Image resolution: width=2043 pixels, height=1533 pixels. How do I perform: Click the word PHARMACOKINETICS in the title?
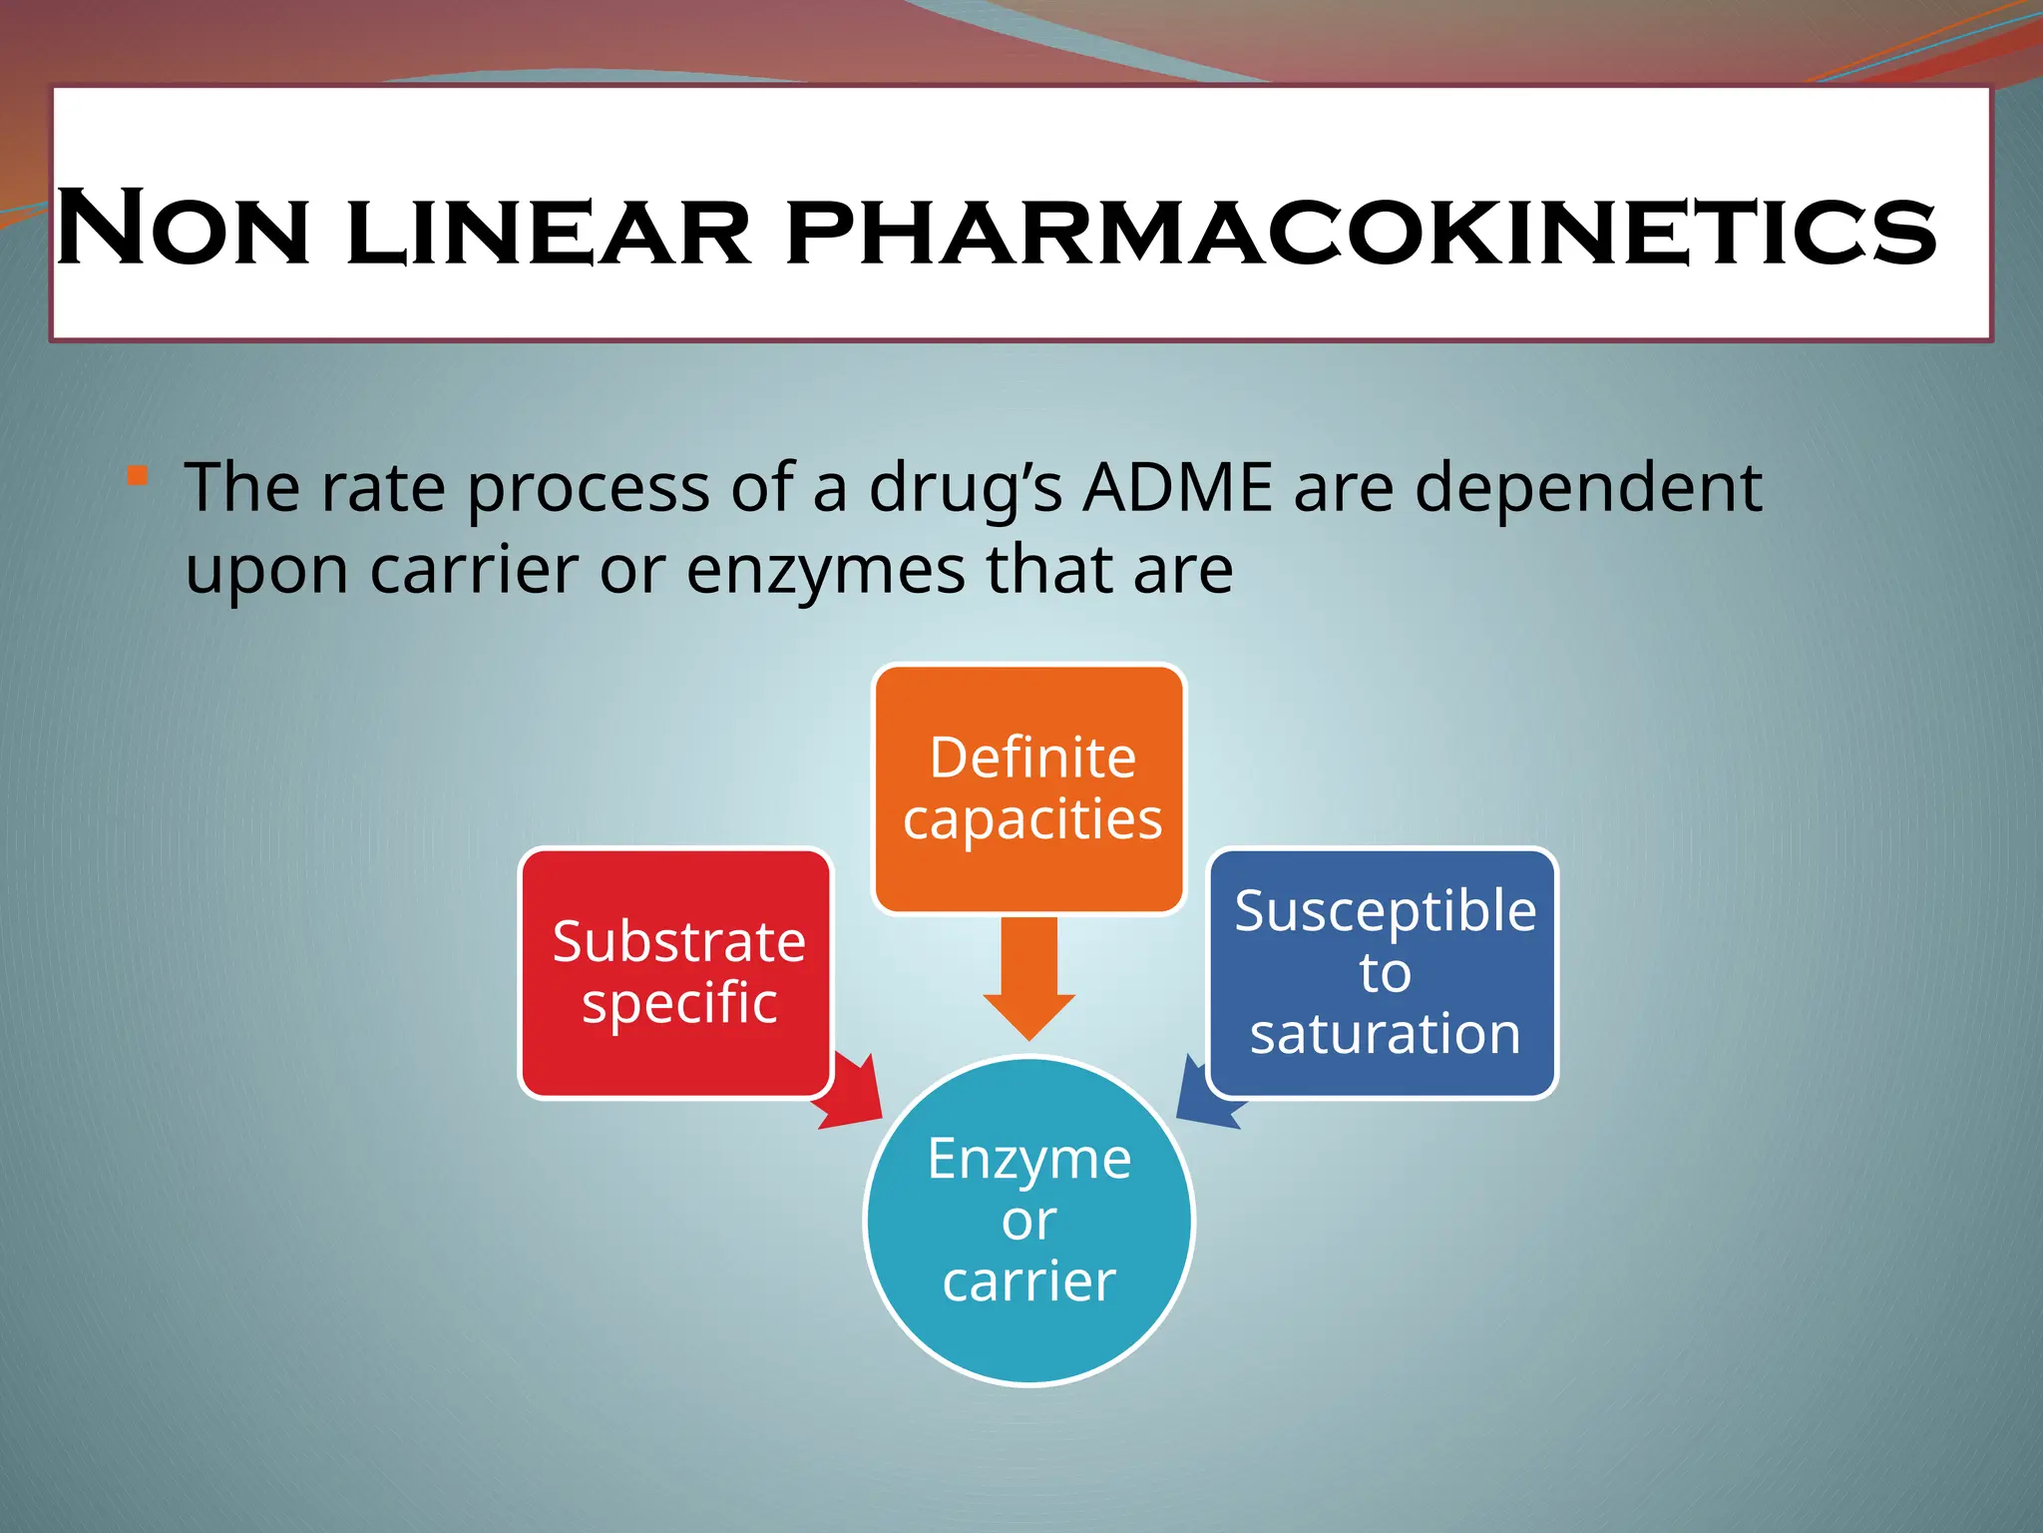coord(1362,232)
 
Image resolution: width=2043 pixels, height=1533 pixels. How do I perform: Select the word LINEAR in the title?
coord(548,234)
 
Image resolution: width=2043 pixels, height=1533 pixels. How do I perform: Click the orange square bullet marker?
coord(138,476)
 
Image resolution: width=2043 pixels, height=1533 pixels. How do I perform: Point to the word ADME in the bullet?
coord(1178,488)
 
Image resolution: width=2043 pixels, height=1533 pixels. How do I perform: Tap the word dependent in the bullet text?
coord(1588,490)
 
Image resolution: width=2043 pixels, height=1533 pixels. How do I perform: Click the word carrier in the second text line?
coord(475,570)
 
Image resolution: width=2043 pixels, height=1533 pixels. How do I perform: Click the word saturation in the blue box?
coord(1385,1033)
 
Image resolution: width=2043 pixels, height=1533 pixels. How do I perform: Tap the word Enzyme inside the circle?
coord(1028,1159)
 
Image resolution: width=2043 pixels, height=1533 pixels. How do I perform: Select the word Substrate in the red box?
coord(678,941)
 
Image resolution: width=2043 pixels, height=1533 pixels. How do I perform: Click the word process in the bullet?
coord(588,490)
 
